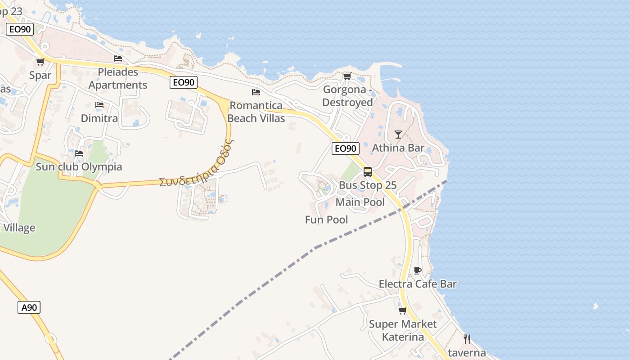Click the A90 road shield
pyautogui.click(x=29, y=308)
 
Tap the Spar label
pyautogui.click(x=40, y=75)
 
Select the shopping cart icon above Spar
pyautogui.click(x=40, y=62)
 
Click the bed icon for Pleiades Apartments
pyautogui.click(x=118, y=58)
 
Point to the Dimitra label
pyautogui.click(x=99, y=118)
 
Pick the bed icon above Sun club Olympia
pyautogui.click(x=79, y=153)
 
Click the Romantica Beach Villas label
pyautogui.click(x=256, y=112)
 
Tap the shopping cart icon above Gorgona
pyautogui.click(x=347, y=76)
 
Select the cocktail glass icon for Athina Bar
pyautogui.click(x=398, y=134)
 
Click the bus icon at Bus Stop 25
pyautogui.click(x=368, y=171)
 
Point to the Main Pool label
pyautogui.click(x=360, y=202)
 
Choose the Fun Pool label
pyautogui.click(x=326, y=220)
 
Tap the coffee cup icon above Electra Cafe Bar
pyautogui.click(x=418, y=270)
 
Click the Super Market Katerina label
pyautogui.click(x=403, y=330)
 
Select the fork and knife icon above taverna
pyautogui.click(x=467, y=339)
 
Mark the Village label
pyautogui.click(x=19, y=228)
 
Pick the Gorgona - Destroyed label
pyautogui.click(x=348, y=96)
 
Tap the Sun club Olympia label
pyautogui.click(x=79, y=167)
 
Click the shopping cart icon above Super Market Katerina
pyautogui.click(x=402, y=310)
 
